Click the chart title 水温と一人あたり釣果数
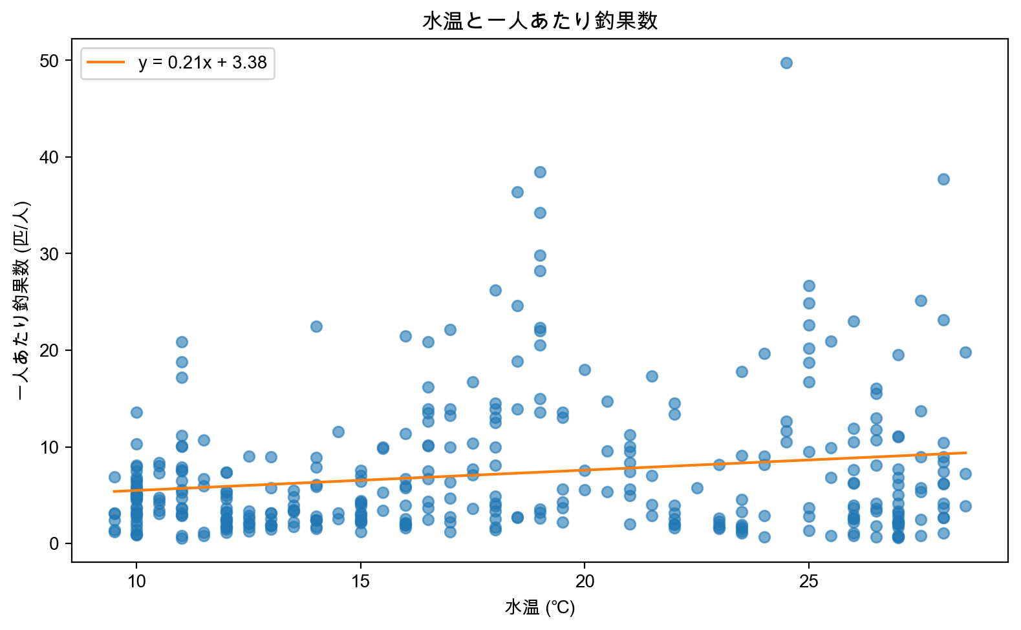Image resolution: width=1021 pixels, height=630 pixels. [x=540, y=21]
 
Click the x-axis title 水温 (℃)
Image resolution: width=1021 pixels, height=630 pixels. [x=540, y=608]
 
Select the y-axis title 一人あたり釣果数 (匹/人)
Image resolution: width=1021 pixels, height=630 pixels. [x=23, y=300]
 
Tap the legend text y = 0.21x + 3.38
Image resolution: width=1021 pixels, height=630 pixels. [x=202, y=63]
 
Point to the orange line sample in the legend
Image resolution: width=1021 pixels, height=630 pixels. [x=106, y=63]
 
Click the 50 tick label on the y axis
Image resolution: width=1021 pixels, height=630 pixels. [x=49, y=61]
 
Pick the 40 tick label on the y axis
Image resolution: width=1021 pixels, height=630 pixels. [x=49, y=157]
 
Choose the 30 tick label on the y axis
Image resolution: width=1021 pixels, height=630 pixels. [x=49, y=254]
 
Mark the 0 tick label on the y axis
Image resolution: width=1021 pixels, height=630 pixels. [x=54, y=544]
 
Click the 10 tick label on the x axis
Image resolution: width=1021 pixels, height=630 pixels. [x=136, y=582]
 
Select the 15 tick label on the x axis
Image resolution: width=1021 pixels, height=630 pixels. [x=361, y=582]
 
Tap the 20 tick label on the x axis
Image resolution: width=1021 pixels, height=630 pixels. [x=585, y=582]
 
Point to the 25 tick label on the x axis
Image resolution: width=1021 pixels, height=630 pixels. [x=809, y=582]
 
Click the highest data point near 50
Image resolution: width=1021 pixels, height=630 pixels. [x=786, y=63]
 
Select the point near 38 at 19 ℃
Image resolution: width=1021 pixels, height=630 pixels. [x=540, y=172]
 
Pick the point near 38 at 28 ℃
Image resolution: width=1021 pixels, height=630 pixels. [x=943, y=179]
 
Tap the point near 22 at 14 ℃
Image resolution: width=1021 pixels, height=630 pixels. [x=316, y=326]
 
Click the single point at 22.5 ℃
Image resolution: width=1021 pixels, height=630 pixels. [x=697, y=488]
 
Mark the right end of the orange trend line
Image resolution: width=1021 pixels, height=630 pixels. [x=966, y=453]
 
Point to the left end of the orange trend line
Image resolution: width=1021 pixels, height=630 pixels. [x=114, y=491]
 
